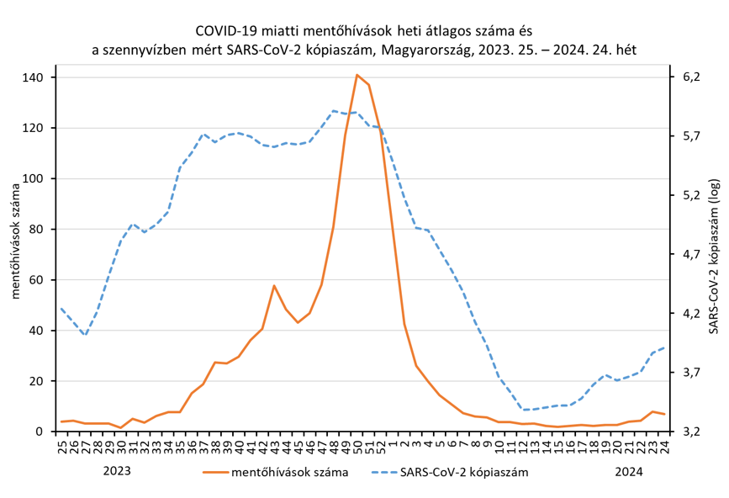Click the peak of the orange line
357,75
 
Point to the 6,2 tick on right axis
690,77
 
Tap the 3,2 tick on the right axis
690,432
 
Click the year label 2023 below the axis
117,471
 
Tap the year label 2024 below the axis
629,471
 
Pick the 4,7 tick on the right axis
690,254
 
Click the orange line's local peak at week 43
274,286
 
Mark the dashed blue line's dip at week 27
85,336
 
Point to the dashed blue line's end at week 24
664,347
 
